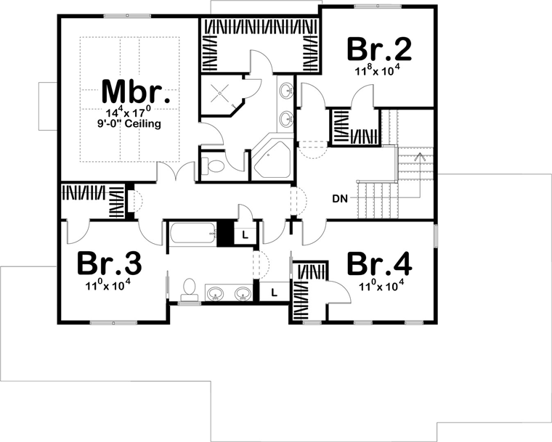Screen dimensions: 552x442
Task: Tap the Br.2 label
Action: coord(379,49)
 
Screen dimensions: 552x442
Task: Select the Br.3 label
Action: coord(109,263)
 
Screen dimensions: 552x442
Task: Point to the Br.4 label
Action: coord(379,263)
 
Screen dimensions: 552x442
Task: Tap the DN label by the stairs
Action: coord(340,199)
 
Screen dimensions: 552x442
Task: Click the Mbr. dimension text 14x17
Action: coord(129,113)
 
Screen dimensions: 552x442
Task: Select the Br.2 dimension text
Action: coord(378,70)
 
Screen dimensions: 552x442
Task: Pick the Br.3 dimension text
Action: coord(108,285)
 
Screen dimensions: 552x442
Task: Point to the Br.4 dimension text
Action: coord(381,286)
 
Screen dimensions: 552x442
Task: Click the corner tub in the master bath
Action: coord(272,157)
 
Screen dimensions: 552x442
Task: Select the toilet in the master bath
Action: coord(213,165)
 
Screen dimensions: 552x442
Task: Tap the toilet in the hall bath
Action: coord(190,290)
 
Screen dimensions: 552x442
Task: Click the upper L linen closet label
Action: coord(245,234)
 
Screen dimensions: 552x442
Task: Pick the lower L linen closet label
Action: coord(275,292)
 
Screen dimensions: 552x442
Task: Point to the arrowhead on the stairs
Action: coord(420,156)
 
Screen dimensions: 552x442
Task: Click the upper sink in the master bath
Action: coord(287,90)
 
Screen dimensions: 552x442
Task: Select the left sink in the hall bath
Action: coord(214,293)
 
